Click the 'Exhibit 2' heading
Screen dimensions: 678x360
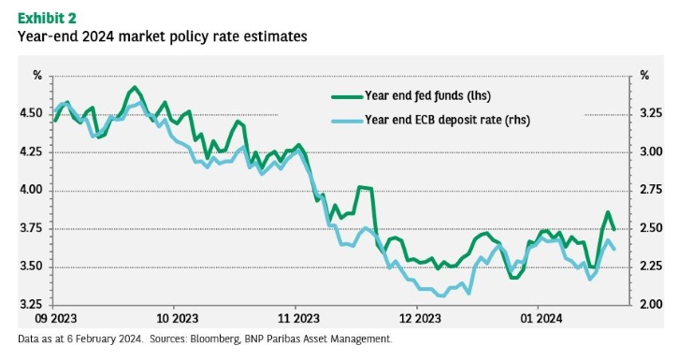[x=47, y=18]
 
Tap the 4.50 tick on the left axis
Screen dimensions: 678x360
[x=31, y=114]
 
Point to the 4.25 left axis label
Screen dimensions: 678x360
[x=31, y=152]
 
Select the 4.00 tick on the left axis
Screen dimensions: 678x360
[x=31, y=190]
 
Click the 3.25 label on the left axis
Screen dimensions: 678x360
[x=31, y=305]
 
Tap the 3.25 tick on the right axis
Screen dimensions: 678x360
[x=651, y=113]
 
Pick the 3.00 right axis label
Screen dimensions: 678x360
[x=651, y=151]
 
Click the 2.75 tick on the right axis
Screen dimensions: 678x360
[x=651, y=190]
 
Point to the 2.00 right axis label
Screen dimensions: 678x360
[x=651, y=304]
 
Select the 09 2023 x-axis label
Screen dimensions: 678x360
[x=55, y=319]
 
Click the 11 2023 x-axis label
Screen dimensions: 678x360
[x=298, y=319]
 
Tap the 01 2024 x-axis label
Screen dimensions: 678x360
[x=541, y=319]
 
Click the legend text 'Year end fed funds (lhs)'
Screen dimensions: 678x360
[x=427, y=95]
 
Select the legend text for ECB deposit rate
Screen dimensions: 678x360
[x=447, y=120]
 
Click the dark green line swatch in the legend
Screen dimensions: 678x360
[x=347, y=97]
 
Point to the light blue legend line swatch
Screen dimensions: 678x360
[x=347, y=121]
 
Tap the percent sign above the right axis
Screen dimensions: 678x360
[x=644, y=76]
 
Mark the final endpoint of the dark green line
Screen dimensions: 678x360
[x=614, y=229]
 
